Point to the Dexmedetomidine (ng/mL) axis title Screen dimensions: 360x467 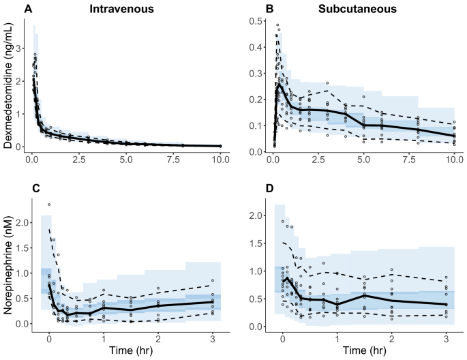[10, 84]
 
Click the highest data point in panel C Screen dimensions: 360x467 [49, 205]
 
